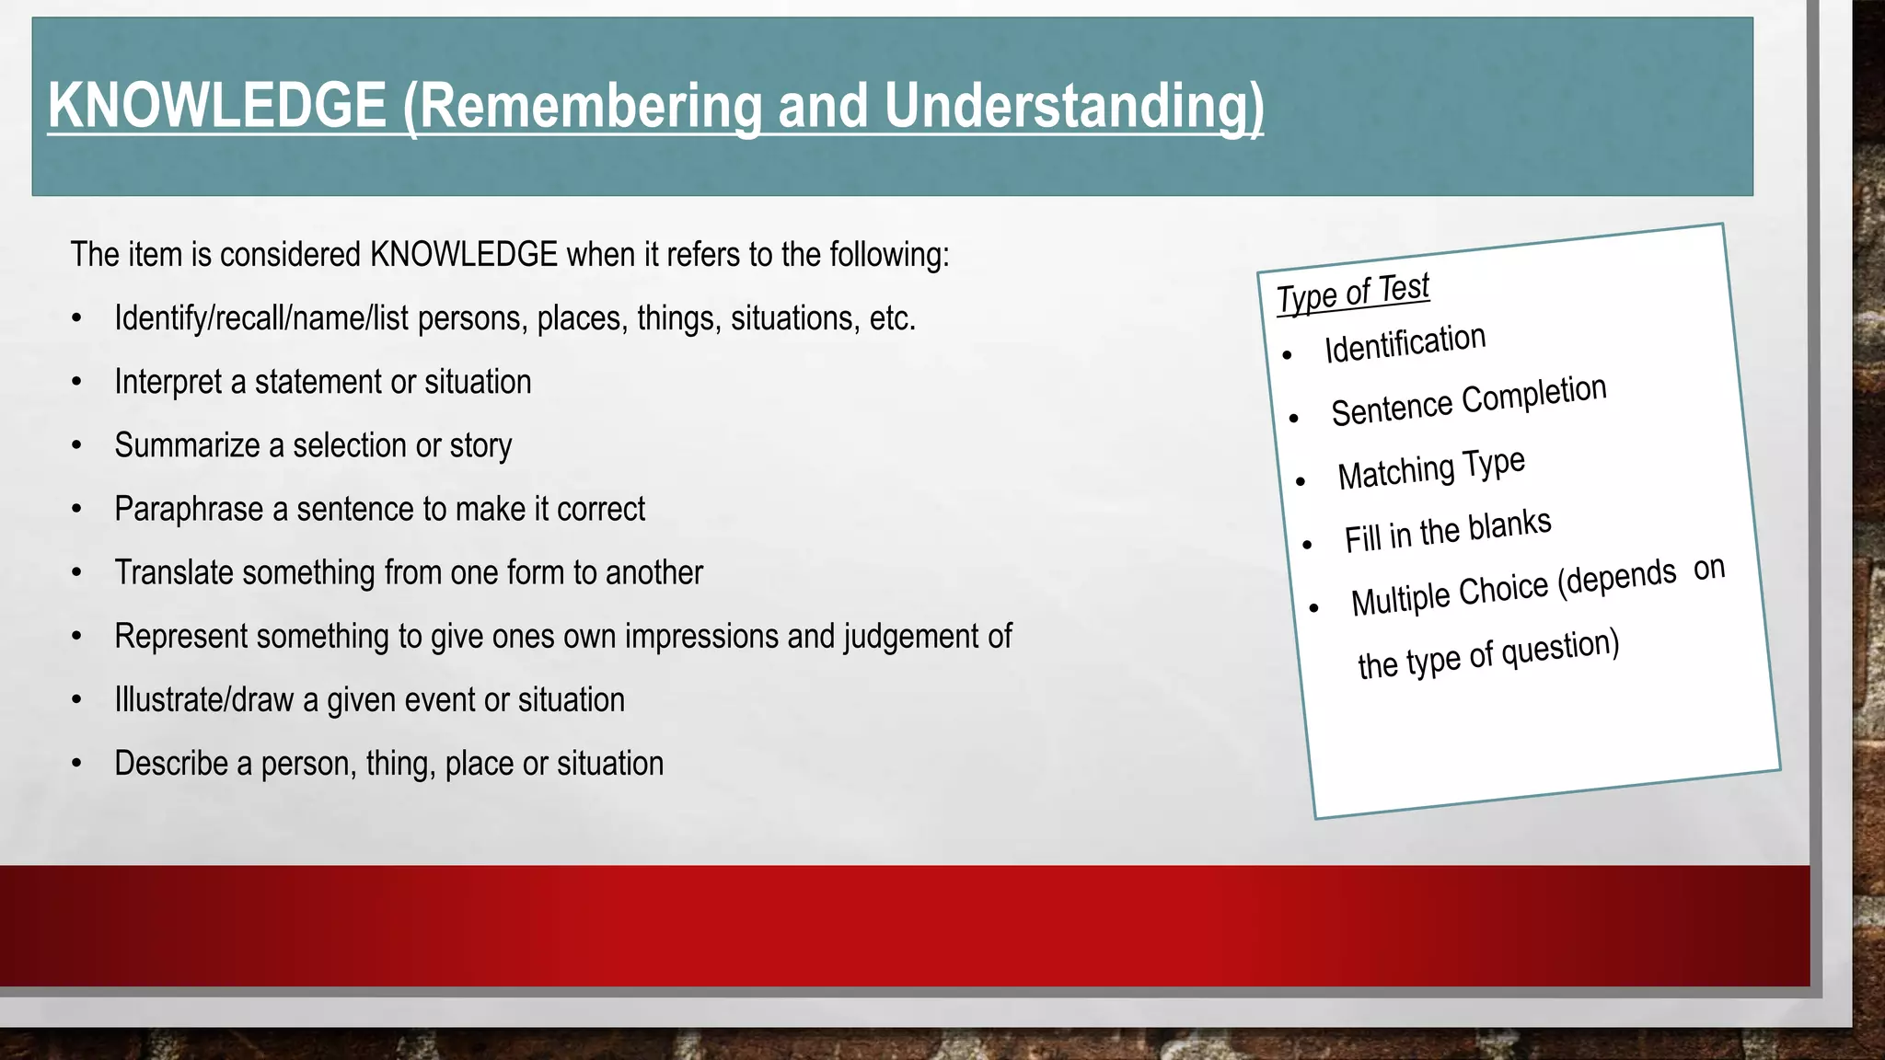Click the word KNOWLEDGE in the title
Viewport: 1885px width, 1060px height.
click(216, 106)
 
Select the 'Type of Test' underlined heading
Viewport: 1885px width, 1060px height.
click(1352, 294)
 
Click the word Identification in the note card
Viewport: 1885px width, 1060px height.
click(1405, 344)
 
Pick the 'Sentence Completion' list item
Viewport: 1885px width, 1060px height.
click(1468, 400)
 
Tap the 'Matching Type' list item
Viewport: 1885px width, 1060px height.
click(1431, 468)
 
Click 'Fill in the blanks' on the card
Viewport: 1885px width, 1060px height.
click(1447, 531)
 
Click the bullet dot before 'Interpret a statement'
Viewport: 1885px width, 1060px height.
click(77, 383)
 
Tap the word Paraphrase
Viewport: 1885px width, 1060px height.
click(189, 509)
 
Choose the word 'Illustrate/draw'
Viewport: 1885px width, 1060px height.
click(203, 700)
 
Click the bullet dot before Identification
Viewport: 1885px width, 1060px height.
click(1288, 355)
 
